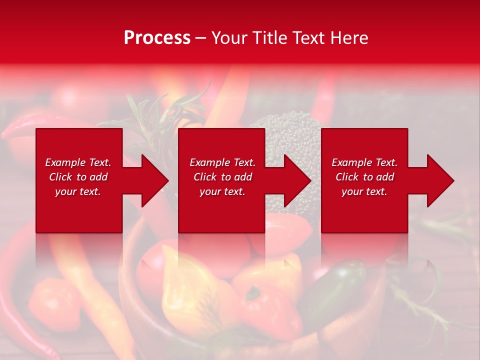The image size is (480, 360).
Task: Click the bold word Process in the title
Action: [x=157, y=38]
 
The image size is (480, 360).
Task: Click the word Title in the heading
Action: [x=268, y=38]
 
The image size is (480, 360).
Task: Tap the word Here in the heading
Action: [x=349, y=38]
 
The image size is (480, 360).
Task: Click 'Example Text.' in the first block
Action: [x=78, y=162]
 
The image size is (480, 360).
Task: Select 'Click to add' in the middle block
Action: [x=222, y=177]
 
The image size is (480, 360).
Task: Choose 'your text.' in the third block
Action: [x=364, y=191]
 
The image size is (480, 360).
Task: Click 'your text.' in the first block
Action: [x=78, y=191]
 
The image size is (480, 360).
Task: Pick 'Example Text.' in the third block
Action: [x=364, y=162]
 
